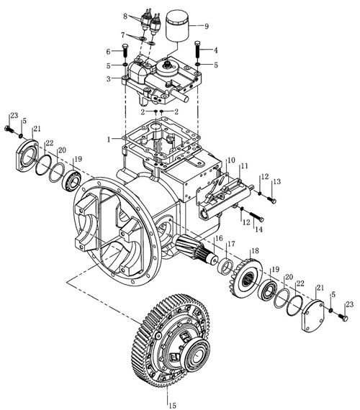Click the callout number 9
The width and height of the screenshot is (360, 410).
(207, 26)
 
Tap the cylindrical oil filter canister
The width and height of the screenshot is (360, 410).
(178, 25)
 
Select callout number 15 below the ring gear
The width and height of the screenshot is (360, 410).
(172, 405)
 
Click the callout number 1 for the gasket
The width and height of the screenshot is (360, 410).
(109, 140)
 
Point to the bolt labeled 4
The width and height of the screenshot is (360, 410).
(198, 50)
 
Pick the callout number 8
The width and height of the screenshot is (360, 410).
(125, 17)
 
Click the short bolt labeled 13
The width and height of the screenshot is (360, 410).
(271, 200)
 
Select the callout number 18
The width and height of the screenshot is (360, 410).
(255, 251)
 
